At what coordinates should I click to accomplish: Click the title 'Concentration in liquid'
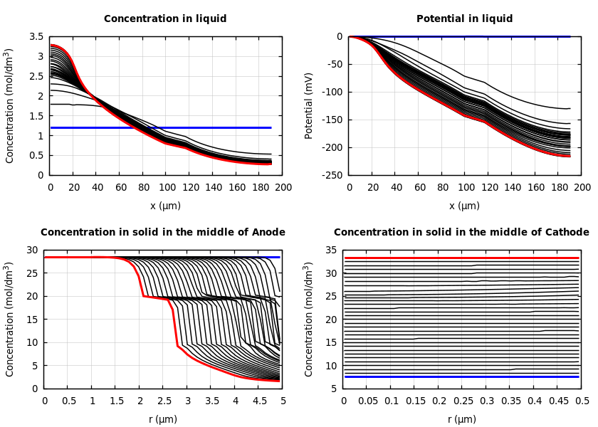(165, 19)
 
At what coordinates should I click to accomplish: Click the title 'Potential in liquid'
(464, 19)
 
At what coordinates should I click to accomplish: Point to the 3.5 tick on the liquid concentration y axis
(36, 36)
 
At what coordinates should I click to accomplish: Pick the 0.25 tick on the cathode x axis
(463, 401)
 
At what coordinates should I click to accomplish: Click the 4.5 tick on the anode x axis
(259, 401)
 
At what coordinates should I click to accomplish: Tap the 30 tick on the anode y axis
(31, 250)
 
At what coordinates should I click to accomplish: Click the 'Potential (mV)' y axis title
(309, 105)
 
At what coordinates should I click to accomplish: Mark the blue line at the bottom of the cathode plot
(463, 376)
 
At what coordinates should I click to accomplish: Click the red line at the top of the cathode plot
(463, 258)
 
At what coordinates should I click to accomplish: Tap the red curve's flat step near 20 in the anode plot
(157, 297)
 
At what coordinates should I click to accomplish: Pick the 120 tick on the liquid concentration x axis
(189, 188)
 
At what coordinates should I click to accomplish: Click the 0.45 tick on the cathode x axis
(557, 401)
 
